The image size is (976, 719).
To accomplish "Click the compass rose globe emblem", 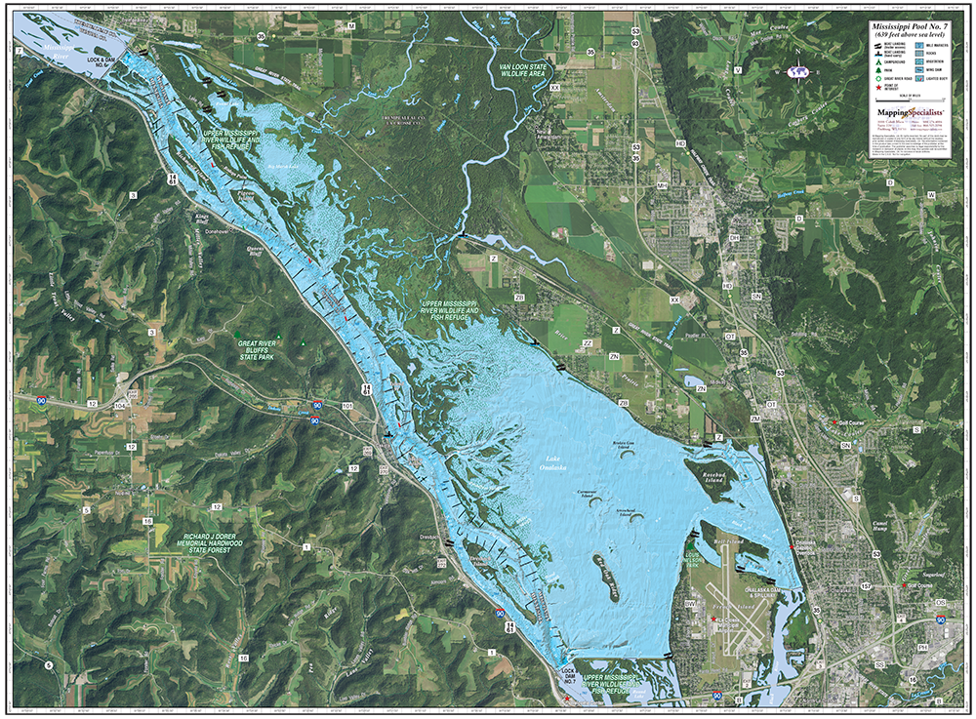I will tap(799, 71).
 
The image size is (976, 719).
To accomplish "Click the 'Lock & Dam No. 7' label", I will tap(567, 675).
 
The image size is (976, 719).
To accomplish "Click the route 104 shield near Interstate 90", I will tap(120, 403).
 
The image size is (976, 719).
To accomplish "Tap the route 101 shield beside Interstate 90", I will tap(347, 404).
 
